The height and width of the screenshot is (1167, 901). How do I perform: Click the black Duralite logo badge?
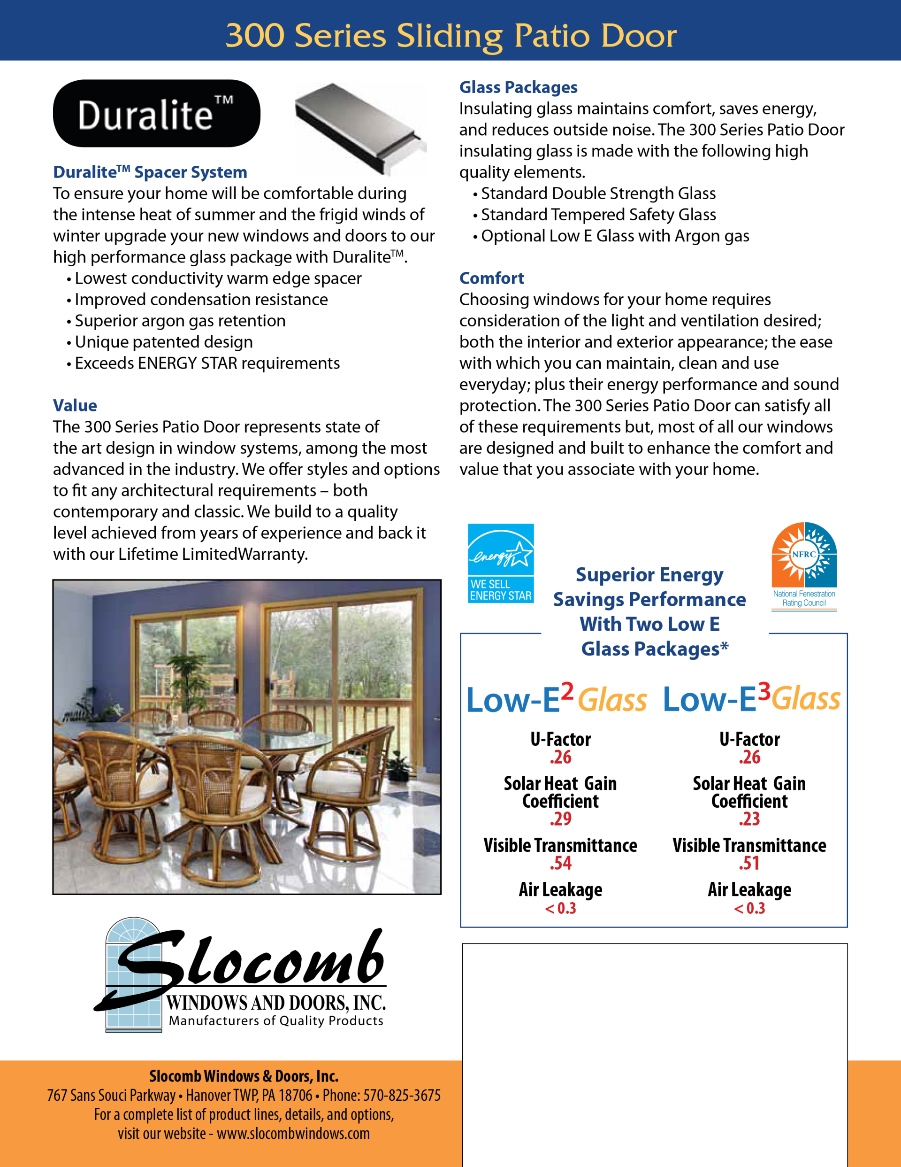[x=156, y=113]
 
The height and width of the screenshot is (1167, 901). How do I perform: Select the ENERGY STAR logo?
[x=500, y=563]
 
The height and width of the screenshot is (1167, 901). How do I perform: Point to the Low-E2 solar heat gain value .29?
[x=560, y=819]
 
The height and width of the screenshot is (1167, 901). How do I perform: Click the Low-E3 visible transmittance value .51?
[x=749, y=863]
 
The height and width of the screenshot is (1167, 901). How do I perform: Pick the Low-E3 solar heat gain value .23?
[x=749, y=819]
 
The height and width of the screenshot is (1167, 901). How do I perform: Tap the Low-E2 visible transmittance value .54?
[x=560, y=863]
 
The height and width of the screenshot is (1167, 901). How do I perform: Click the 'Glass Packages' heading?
[x=518, y=87]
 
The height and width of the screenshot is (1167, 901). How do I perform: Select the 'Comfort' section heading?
[x=491, y=278]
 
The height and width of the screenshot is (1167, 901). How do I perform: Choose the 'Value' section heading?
[x=75, y=406]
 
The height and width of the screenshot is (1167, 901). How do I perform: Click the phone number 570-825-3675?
[x=402, y=1096]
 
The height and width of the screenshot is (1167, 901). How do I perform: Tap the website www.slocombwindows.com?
[x=293, y=1133]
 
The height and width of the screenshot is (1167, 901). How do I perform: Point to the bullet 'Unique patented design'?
[x=163, y=342]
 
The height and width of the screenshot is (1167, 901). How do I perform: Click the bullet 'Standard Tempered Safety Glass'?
[x=598, y=215]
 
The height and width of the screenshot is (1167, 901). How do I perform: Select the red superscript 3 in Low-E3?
[x=764, y=691]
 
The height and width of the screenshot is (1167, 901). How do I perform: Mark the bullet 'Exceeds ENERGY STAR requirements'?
[x=207, y=363]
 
